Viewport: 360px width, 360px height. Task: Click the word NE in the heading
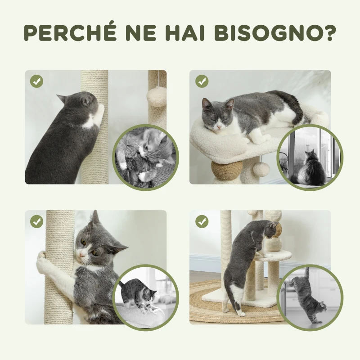click(143, 33)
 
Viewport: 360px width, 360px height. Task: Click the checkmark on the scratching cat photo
click(37, 81)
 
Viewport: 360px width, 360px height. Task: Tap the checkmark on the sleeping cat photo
click(202, 81)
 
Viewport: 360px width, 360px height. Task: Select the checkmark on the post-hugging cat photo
click(37, 221)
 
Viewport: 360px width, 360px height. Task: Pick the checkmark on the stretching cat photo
click(202, 221)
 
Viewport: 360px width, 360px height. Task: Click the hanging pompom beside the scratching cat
click(157, 96)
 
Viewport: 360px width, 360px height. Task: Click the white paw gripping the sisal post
click(42, 256)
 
